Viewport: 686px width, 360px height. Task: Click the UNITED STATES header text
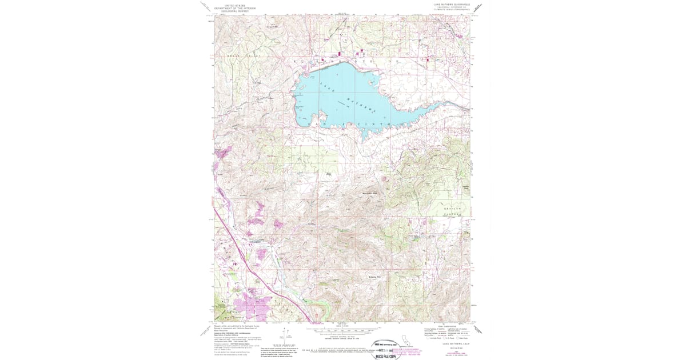tap(235, 4)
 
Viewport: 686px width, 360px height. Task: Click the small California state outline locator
tap(406, 338)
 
